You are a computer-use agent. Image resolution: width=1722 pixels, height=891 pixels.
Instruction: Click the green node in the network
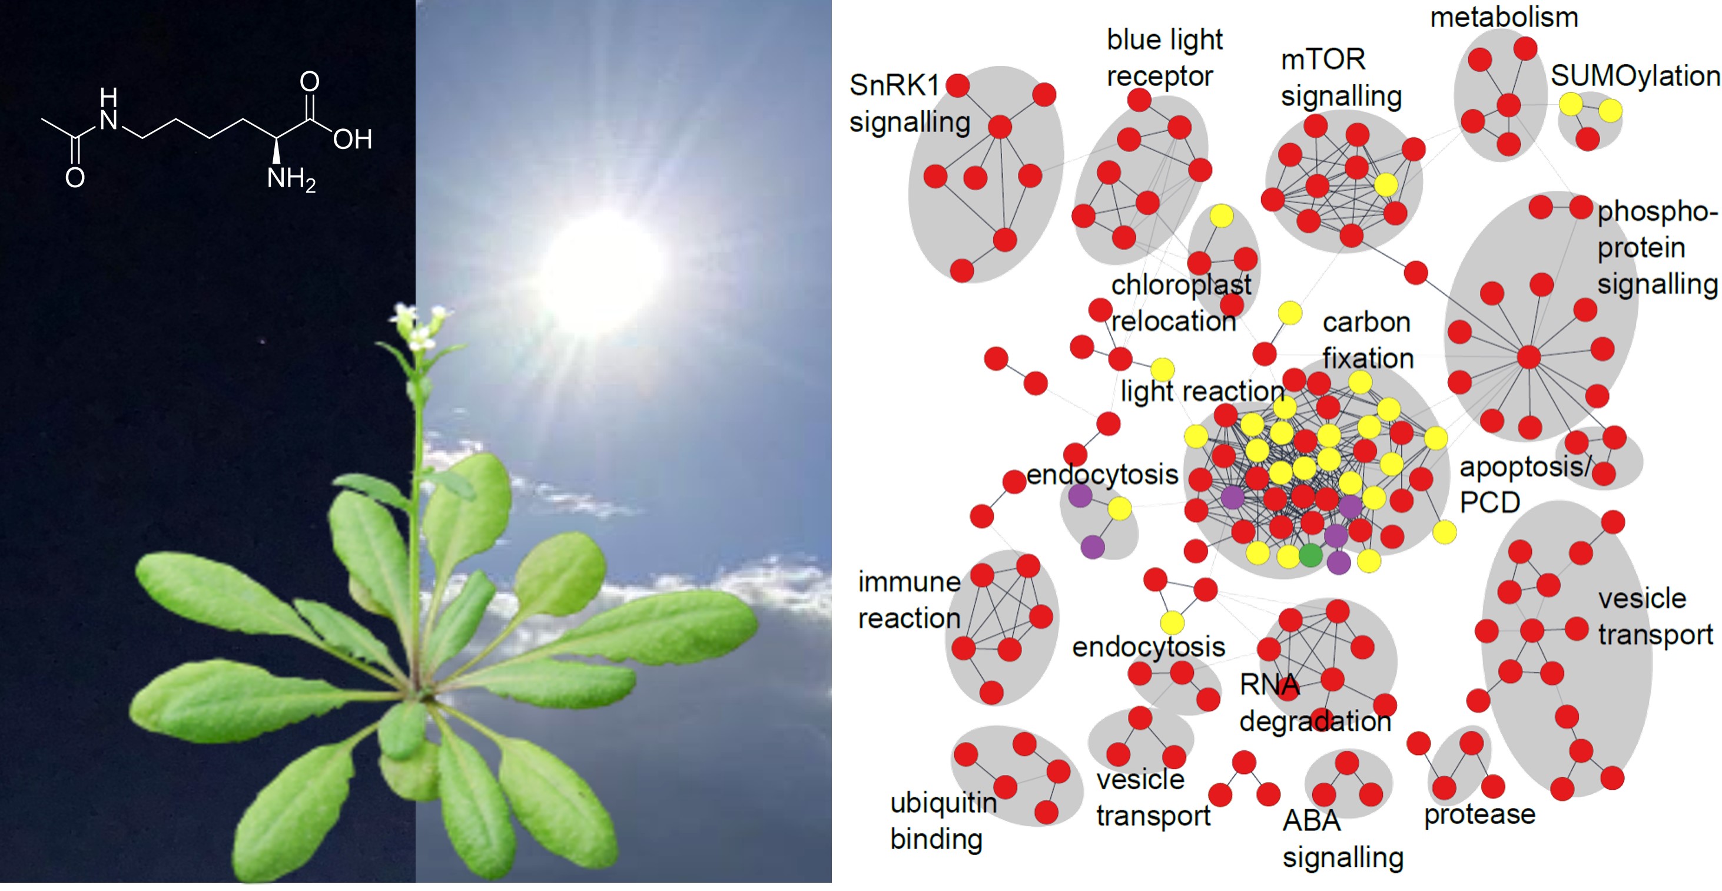point(1310,555)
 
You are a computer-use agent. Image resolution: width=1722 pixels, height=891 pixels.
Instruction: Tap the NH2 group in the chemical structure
point(291,179)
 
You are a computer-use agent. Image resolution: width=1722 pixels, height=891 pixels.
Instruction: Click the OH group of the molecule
point(352,139)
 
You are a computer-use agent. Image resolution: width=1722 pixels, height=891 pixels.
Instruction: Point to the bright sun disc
point(602,267)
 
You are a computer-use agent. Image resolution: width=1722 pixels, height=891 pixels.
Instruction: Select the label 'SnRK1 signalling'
point(910,104)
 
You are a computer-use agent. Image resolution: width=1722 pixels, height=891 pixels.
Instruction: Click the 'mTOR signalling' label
point(1341,78)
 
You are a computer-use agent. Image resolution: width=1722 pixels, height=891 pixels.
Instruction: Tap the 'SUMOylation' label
point(1635,75)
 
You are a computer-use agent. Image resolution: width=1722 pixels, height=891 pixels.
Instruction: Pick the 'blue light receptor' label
point(1164,58)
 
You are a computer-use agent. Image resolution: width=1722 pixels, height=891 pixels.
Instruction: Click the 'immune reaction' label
point(909,600)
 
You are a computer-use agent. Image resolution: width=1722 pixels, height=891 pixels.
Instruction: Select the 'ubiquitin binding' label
point(943,821)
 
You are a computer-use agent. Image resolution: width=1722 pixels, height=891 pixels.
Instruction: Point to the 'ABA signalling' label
point(1342,839)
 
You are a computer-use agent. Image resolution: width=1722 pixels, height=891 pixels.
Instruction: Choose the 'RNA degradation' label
point(1315,703)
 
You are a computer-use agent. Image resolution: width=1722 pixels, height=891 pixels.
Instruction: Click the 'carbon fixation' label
point(1368,340)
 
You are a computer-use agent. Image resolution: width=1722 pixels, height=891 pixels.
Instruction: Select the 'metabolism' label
point(1504,16)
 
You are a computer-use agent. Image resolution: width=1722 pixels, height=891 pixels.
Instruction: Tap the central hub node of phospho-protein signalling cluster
point(1528,357)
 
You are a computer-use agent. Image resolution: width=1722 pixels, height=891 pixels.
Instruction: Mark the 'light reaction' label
point(1202,390)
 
